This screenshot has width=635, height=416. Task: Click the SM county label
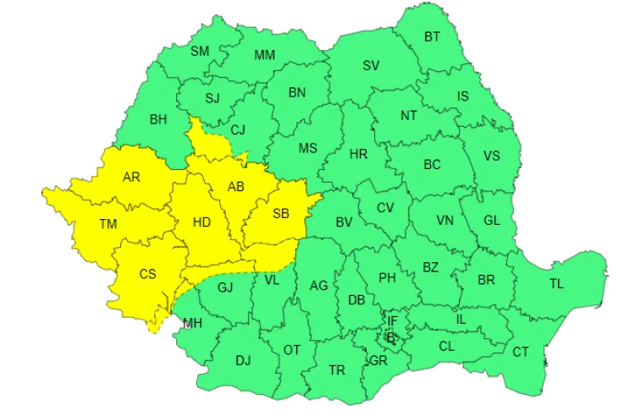coord(200,51)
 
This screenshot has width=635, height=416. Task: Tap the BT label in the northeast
coord(433,36)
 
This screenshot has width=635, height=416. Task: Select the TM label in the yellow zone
coord(108,224)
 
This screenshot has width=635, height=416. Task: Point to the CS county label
coord(148,274)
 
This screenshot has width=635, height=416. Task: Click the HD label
coord(202,222)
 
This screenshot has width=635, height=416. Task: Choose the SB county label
coord(280,214)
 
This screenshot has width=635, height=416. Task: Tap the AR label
coord(131,177)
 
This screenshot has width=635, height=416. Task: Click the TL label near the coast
coord(556,283)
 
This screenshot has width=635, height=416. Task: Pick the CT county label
coord(522,351)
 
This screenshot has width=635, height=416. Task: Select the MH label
coord(191,322)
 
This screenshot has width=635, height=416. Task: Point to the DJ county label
coord(243,361)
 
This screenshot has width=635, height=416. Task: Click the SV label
coord(371,65)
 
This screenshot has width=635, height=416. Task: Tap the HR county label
coord(358,154)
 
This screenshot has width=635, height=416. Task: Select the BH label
coord(158,119)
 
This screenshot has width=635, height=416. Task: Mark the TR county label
coord(337,369)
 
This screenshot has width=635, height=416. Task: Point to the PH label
coord(388,277)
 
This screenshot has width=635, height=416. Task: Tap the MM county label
coord(265,55)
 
